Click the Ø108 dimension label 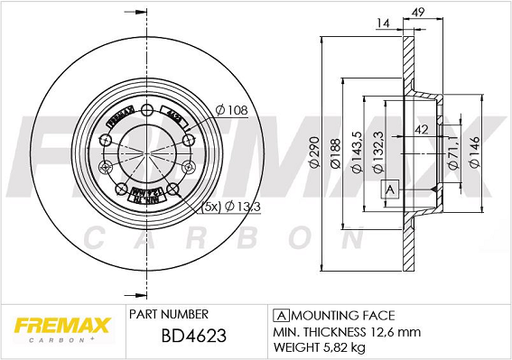pyautogui.click(x=231, y=111)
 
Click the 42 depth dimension pyautogui.click(x=421, y=130)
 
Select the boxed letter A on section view pyautogui.click(x=390, y=189)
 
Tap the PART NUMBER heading pyautogui.click(x=169, y=314)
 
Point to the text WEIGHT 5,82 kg pyautogui.click(x=320, y=347)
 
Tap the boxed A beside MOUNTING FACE pyautogui.click(x=280, y=315)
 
